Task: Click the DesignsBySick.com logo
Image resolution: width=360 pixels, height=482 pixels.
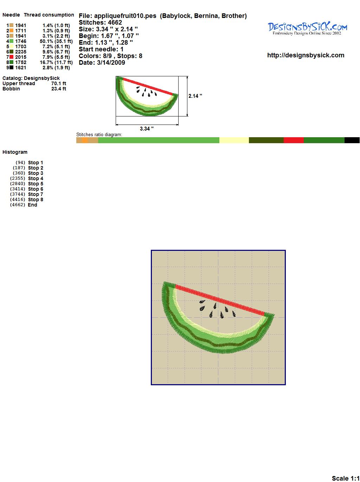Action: (x=307, y=28)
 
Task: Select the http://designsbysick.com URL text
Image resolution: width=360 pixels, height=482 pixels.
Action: (x=306, y=55)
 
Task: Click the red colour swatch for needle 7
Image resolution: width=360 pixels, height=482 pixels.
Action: (x=11, y=57)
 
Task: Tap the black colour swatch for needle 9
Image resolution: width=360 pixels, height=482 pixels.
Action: (x=11, y=68)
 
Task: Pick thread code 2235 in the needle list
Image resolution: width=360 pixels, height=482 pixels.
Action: (x=21, y=52)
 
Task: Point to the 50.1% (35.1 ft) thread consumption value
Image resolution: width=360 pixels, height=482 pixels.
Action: (x=56, y=41)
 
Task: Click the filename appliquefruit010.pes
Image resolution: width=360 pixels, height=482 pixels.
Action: (x=125, y=16)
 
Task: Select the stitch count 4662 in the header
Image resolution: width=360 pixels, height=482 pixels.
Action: (x=115, y=23)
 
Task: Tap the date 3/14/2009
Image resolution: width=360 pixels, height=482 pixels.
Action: (x=111, y=63)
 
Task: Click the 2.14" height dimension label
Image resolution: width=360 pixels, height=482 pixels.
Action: (x=195, y=96)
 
